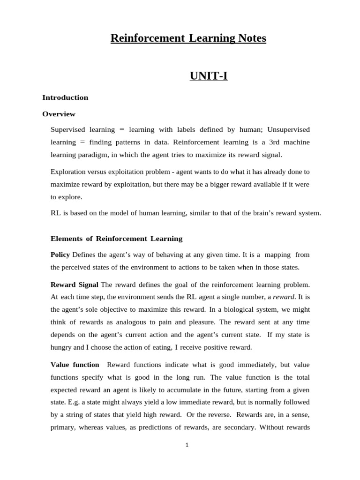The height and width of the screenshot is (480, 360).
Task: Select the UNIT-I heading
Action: point(209,75)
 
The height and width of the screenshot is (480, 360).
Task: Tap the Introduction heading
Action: point(65,97)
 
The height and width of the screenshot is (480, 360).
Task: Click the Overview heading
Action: point(59,114)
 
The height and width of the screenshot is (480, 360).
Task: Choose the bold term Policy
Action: point(60,255)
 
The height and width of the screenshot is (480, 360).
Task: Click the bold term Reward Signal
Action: point(75,285)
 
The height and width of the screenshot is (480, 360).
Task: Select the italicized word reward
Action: point(284,297)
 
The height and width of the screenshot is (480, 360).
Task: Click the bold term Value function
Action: point(75,365)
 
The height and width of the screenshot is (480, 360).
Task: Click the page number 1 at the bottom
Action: point(187,445)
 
